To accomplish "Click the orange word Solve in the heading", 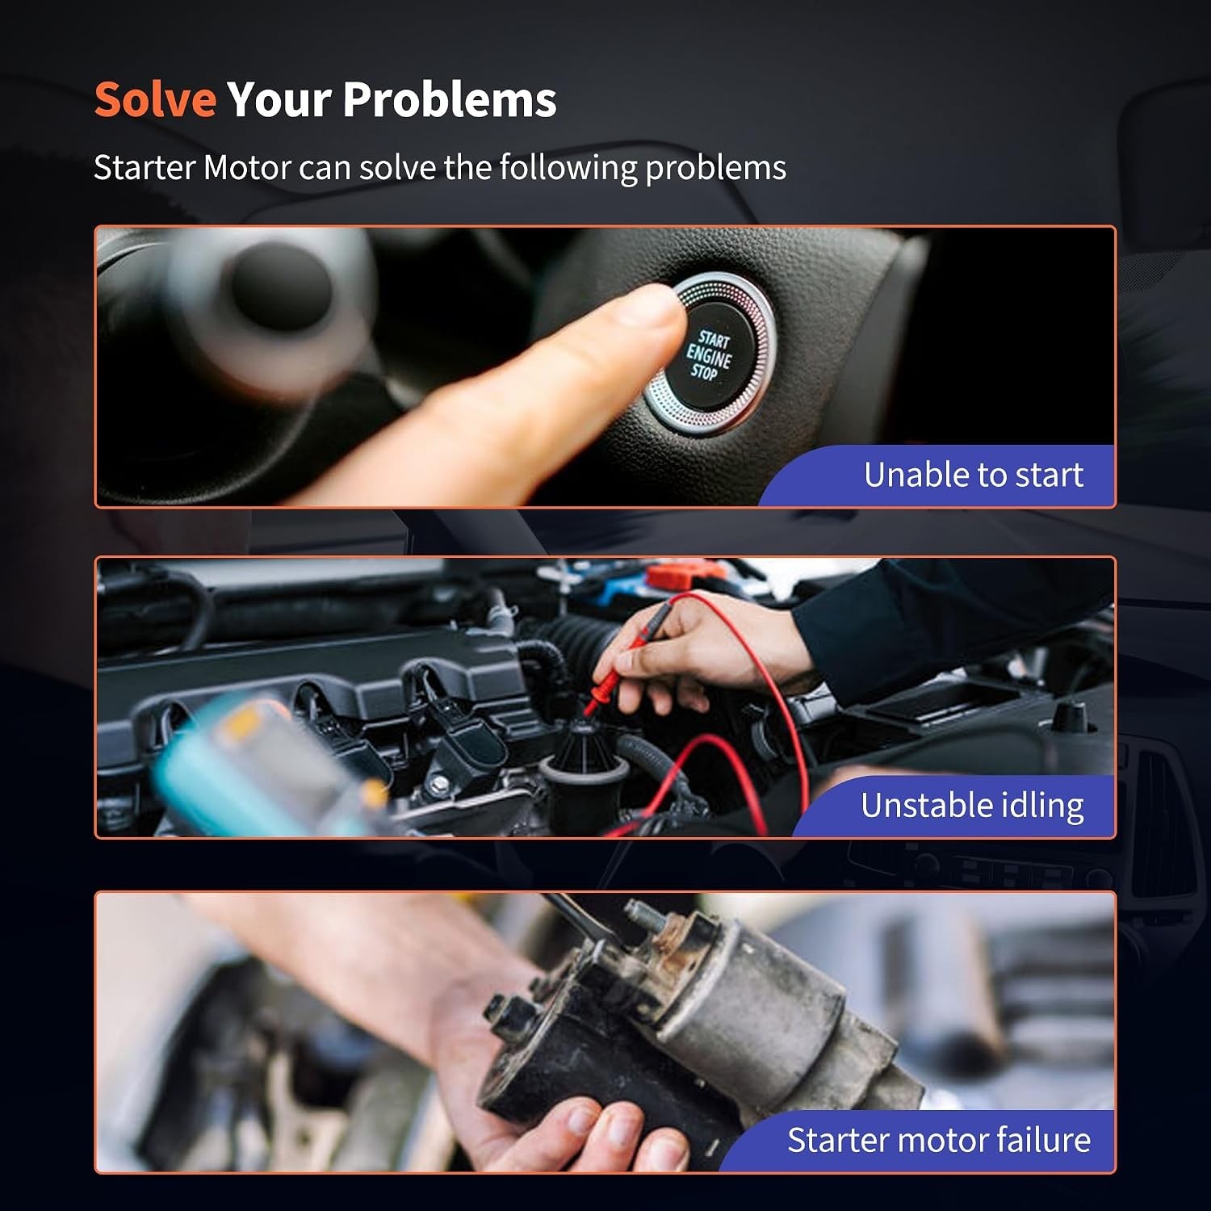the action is tap(155, 99).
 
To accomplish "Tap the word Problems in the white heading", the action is tap(450, 99).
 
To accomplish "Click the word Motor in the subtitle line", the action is tap(247, 168).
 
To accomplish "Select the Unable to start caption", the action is tap(974, 475).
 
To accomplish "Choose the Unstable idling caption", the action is tap(972, 806).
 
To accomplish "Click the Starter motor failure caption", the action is tap(939, 1140).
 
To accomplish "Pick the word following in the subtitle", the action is tap(568, 168).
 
